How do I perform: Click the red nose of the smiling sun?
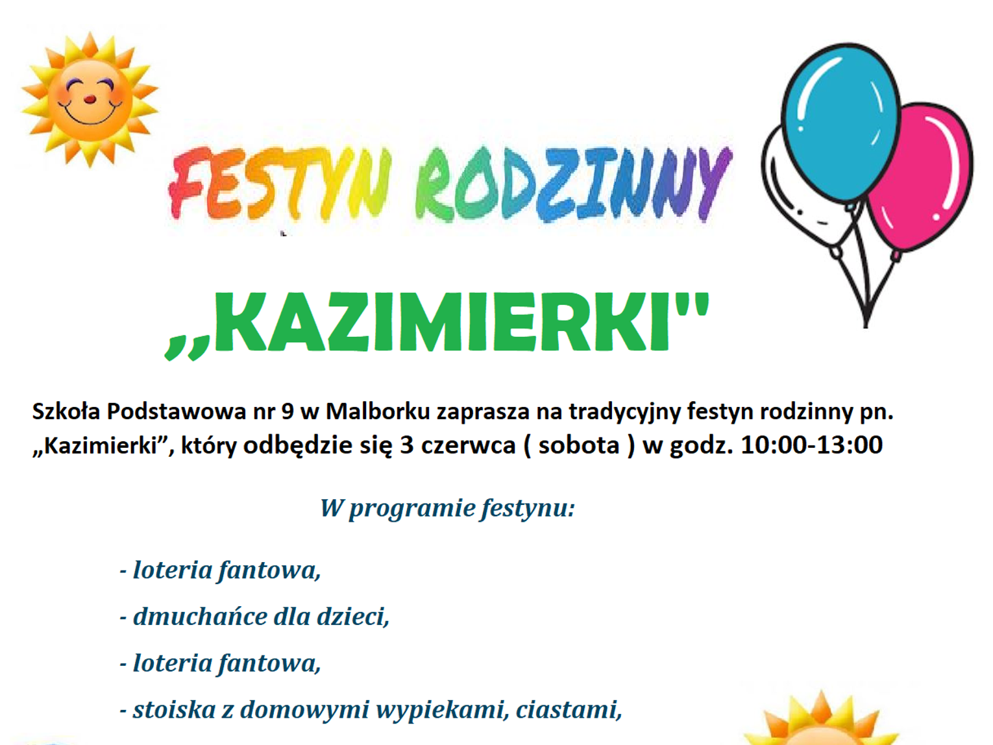pos(90,99)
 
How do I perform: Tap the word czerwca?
pos(468,446)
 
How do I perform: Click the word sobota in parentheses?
pos(579,445)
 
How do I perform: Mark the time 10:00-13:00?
pos(811,445)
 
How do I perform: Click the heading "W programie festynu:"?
pos(447,509)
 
